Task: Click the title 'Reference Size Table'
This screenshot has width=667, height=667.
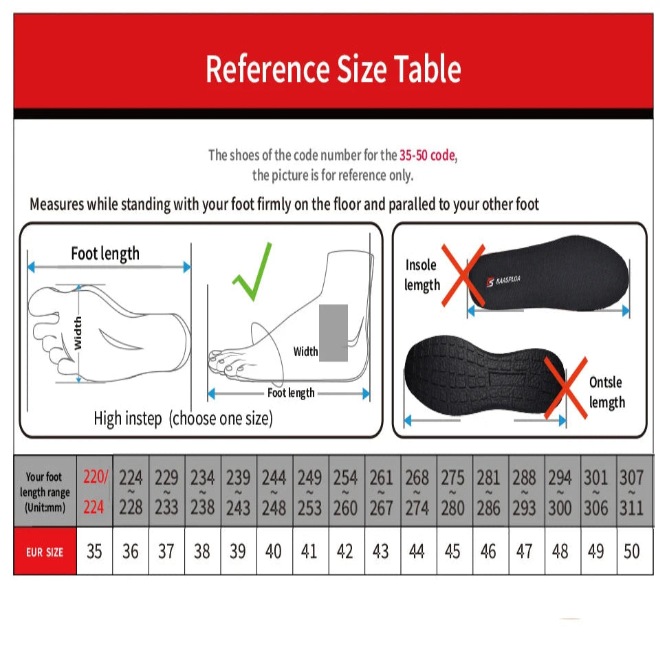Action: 333,69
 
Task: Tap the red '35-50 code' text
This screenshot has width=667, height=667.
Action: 427,155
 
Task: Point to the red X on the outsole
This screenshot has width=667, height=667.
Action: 565,386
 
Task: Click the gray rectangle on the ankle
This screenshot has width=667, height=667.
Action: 334,333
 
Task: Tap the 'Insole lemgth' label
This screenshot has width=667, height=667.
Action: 422,274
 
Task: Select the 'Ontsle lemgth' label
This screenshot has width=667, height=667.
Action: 606,392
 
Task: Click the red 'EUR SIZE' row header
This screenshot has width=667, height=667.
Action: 45,551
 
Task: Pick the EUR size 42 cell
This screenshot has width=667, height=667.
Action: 345,551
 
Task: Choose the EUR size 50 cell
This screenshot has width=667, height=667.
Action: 631,551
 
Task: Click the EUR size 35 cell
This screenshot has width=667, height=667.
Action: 94,551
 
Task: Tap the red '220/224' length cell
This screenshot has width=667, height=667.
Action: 94,491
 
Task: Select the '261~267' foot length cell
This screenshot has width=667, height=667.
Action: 381,491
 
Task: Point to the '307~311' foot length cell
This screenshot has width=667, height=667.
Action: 631,491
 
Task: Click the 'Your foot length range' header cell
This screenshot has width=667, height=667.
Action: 45,491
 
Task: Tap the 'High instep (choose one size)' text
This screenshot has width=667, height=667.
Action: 183,418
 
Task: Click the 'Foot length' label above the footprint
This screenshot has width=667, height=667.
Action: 105,254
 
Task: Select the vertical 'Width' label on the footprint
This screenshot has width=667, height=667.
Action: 78,332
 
